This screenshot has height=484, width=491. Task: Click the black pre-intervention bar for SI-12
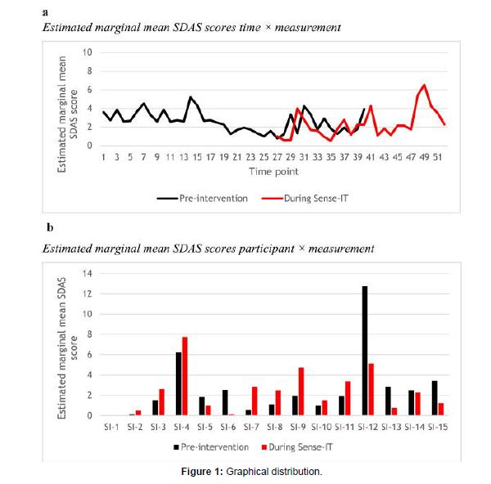(x=365, y=351)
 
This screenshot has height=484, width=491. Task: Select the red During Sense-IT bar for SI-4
(x=185, y=376)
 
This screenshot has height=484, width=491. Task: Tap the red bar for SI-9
(x=301, y=392)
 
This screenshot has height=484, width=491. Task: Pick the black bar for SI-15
(x=435, y=398)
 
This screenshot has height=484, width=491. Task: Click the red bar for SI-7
(x=255, y=401)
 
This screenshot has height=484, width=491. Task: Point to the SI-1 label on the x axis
(x=111, y=427)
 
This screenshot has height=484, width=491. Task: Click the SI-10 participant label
(x=322, y=427)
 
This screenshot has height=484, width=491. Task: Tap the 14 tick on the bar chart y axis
(x=88, y=273)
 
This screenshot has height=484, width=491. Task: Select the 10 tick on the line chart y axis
(x=88, y=52)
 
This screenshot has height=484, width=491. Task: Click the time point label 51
(x=438, y=157)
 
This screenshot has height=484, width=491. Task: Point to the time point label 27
(x=277, y=157)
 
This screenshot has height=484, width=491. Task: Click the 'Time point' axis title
(x=273, y=172)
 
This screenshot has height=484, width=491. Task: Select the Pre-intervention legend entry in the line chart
(x=202, y=199)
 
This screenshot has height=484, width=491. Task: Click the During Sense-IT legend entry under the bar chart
(x=297, y=447)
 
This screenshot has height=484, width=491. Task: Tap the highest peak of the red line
(x=424, y=85)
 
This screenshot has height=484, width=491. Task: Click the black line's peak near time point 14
(x=191, y=97)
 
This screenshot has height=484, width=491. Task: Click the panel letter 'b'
(x=50, y=227)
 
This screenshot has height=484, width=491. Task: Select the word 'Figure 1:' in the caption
(x=202, y=472)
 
